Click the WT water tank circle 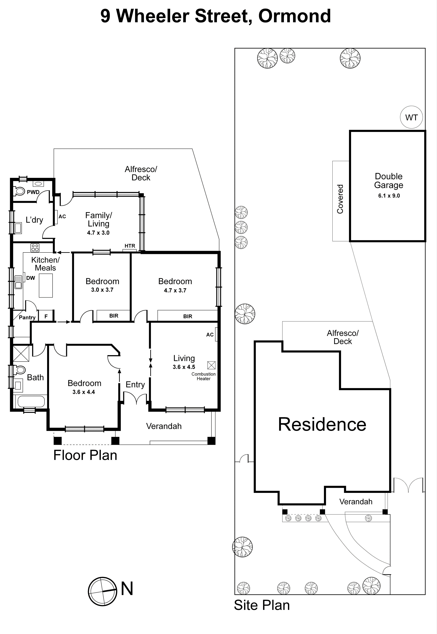[411, 117]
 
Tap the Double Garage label [389, 181]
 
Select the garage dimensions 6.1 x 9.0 [389, 196]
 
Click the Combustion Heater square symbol [211, 365]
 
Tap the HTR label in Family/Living [130, 246]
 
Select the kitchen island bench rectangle [46, 285]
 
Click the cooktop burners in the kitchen [35, 248]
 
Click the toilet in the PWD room [19, 191]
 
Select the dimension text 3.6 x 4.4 [83, 392]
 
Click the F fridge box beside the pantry [46, 316]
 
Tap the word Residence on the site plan [322, 425]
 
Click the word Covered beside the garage [340, 199]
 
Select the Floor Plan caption [85, 455]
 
